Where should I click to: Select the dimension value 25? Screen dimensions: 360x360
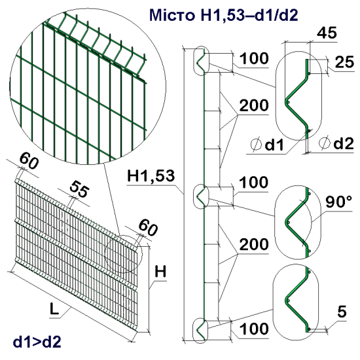(342, 62)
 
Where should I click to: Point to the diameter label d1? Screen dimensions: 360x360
(269, 143)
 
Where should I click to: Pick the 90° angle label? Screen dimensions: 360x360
(339, 199)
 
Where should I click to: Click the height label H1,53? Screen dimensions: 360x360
(151, 175)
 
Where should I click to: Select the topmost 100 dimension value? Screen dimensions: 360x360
(253, 59)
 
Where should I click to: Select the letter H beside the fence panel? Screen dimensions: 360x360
(160, 270)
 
